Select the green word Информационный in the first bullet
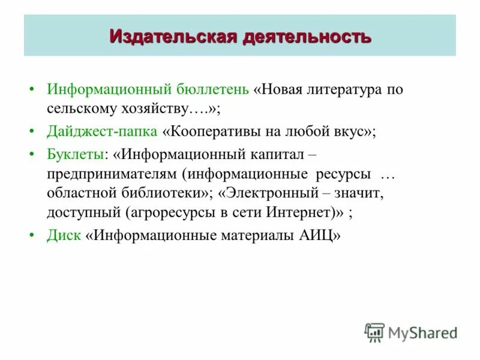[x=109, y=90]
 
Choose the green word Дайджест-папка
[x=102, y=132]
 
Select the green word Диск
[x=64, y=235]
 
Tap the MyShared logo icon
[x=374, y=331]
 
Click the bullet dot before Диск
[x=32, y=235]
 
